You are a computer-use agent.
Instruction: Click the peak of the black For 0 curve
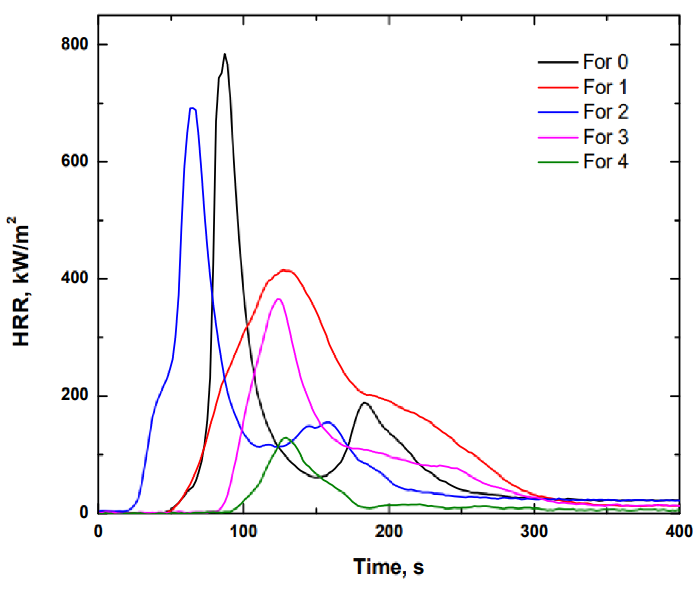pos(225,54)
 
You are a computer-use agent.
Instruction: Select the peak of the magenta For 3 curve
pos(278,299)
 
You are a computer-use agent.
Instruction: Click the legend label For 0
pos(605,62)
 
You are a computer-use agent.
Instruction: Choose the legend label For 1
pos(605,87)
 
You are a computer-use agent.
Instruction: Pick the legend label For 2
pos(605,112)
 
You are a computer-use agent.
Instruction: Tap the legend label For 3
pos(605,137)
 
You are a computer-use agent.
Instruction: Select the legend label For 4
pos(605,162)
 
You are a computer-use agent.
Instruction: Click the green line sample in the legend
pos(558,162)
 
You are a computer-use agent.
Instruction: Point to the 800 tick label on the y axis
pos(74,44)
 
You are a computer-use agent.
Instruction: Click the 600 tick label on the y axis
pos(74,162)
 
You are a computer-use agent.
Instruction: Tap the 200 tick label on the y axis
pos(74,396)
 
